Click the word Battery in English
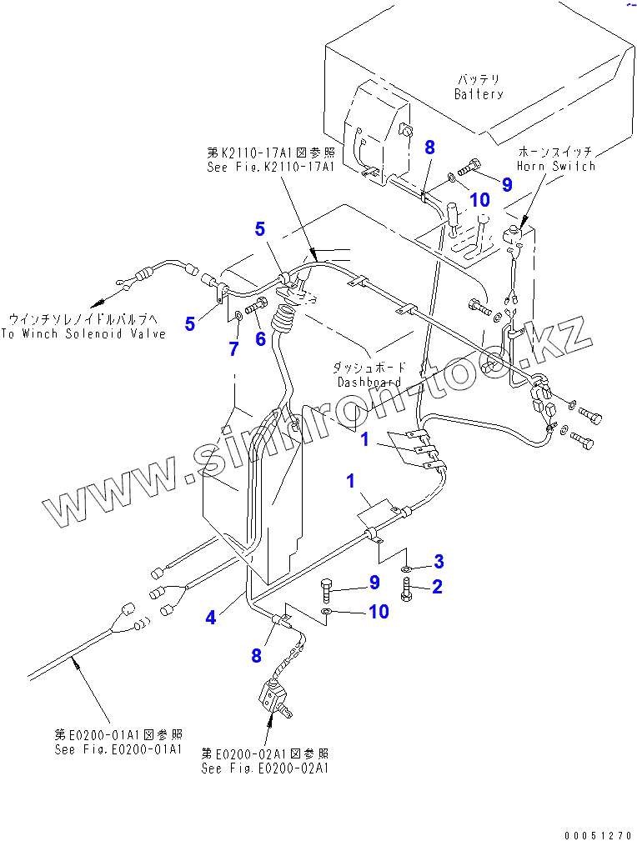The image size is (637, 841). coord(479,94)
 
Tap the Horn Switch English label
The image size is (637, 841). coord(556,166)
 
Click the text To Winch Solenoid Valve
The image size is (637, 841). coord(83,333)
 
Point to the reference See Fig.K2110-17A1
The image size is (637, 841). coord(270,167)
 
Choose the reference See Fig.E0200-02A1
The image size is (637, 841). coord(265,768)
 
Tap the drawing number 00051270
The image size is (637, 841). coord(597,834)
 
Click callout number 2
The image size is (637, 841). coord(436,586)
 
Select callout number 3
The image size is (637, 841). coord(438,560)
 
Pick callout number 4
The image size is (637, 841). coord(212,618)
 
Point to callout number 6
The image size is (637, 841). coord(260,338)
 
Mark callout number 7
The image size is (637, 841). coord(233,350)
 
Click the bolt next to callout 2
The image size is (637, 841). coord(406,589)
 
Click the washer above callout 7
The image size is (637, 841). coord(238,315)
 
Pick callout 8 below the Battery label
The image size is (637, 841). coord(429,148)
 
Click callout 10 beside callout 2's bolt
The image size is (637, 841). coord(378,612)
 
